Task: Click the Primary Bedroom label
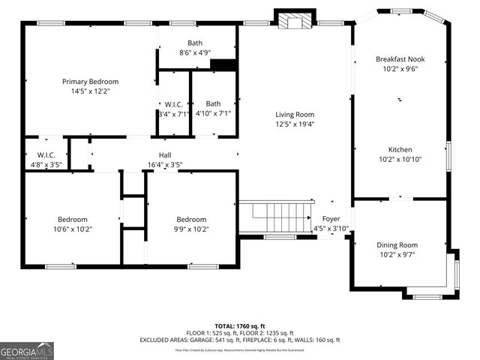[x=90, y=82]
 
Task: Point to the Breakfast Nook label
[x=400, y=58]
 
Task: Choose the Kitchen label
[x=400, y=149]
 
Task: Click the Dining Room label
[x=397, y=245]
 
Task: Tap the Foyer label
[x=331, y=219]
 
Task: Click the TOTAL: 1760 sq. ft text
[x=239, y=325]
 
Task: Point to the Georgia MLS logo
[x=27, y=350]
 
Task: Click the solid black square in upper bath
[x=223, y=65]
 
